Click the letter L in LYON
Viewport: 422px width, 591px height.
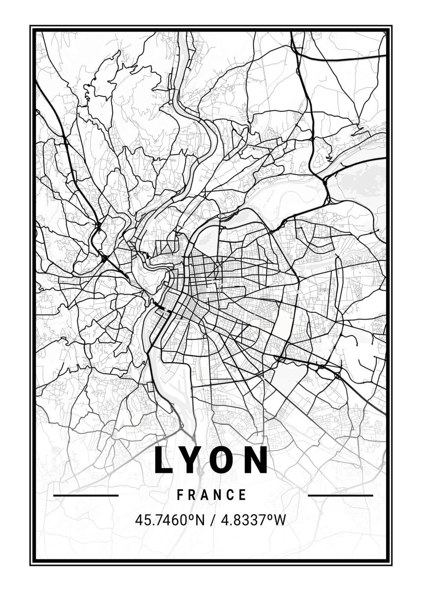coord(164,460)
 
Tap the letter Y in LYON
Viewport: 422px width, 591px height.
coord(194,460)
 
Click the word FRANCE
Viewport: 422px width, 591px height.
coord(212,495)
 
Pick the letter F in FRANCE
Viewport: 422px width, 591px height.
coord(180,495)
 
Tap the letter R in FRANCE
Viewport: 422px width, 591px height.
coord(193,495)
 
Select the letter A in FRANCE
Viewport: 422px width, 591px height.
coord(206,495)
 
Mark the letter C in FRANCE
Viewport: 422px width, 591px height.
coord(230,495)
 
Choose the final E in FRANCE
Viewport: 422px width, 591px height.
coord(243,495)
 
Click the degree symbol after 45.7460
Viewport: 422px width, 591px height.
coord(193,517)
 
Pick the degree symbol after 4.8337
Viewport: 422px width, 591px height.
coord(269,517)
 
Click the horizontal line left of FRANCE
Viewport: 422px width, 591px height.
coord(86,495)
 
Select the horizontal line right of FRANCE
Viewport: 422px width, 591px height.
coord(340,495)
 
